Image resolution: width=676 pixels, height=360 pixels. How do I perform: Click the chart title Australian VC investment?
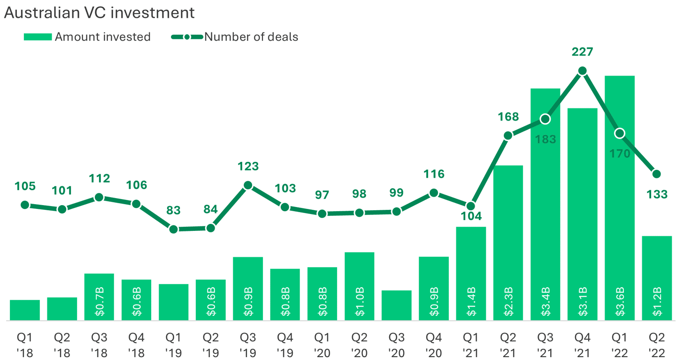(99, 13)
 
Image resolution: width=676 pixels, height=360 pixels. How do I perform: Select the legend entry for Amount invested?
(87, 37)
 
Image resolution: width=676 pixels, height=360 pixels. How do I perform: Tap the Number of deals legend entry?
(235, 37)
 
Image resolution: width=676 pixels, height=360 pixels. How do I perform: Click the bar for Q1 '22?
(620, 197)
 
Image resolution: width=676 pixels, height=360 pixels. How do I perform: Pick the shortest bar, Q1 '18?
(25, 310)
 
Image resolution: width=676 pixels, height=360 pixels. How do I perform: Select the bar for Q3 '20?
(396, 306)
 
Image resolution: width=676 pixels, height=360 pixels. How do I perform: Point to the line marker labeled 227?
(582, 71)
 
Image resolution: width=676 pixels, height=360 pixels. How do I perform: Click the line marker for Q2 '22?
(657, 174)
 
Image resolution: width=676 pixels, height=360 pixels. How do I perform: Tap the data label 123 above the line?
(248, 167)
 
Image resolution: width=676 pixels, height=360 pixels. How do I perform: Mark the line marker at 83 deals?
(174, 230)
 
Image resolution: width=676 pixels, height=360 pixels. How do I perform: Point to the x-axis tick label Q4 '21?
(582, 345)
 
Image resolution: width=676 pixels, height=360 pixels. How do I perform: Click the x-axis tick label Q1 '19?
(174, 345)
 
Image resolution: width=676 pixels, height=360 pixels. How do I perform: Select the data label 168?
(508, 117)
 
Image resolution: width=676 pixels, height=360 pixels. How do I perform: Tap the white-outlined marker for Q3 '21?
(545, 119)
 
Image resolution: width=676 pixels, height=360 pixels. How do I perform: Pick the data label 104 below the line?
(471, 216)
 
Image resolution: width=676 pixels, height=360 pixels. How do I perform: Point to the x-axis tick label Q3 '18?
(99, 345)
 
